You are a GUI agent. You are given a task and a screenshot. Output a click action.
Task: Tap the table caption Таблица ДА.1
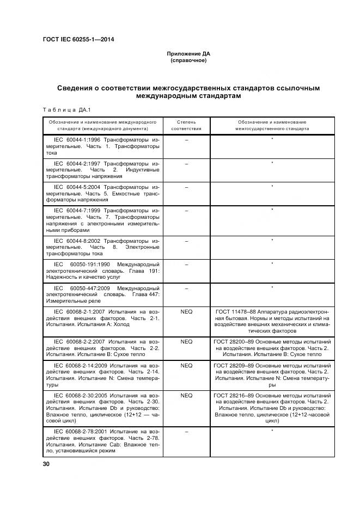(63, 110)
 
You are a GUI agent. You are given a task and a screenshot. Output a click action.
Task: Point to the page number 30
(46, 463)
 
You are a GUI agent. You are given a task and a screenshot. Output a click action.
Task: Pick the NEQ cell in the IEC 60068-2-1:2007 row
(186, 311)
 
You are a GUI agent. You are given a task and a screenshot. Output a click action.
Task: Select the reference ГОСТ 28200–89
(235, 341)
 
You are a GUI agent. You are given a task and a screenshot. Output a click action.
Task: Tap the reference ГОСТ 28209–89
(235, 364)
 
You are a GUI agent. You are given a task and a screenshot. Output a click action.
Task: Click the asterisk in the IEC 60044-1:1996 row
(272, 140)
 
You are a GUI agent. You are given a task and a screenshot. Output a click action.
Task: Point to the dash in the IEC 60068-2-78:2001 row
(186, 431)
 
